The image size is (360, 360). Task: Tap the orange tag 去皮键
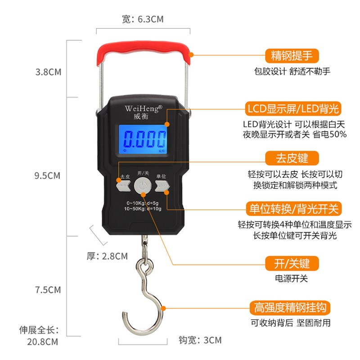pos(292,158)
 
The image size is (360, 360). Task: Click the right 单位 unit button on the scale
pos(162,185)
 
